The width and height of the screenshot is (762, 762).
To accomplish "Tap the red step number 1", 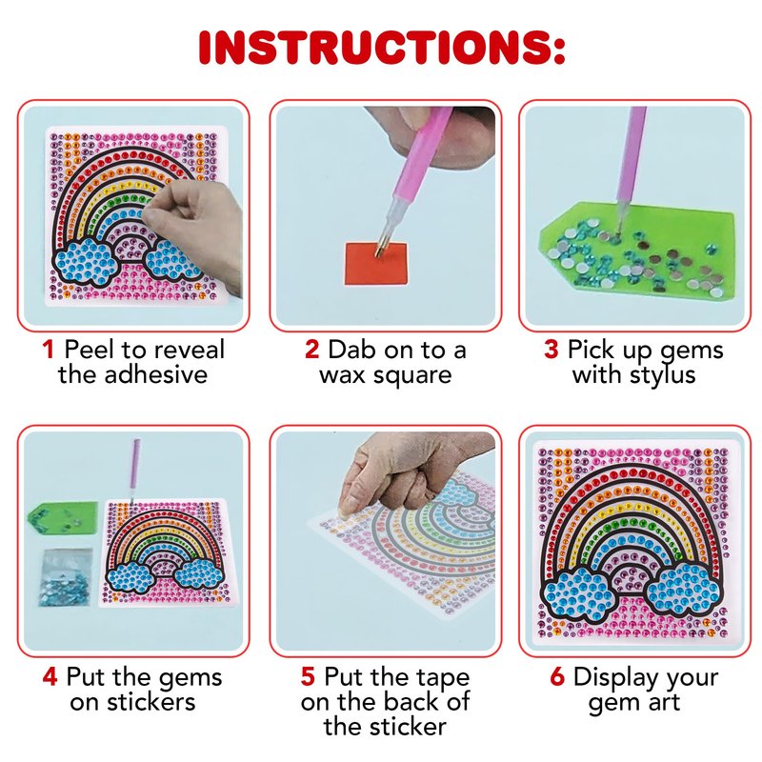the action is pyautogui.click(x=48, y=350).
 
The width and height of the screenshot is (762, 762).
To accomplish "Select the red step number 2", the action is pyautogui.click(x=312, y=350).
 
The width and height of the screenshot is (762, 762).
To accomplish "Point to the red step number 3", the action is pyautogui.click(x=551, y=349).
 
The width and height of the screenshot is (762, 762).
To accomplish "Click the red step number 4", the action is pyautogui.click(x=50, y=676).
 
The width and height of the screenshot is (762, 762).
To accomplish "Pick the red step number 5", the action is pyautogui.click(x=308, y=676).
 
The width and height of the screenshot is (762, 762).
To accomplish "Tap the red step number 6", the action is pyautogui.click(x=557, y=676).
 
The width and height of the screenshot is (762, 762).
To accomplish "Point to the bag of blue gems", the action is pyautogui.click(x=66, y=578).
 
